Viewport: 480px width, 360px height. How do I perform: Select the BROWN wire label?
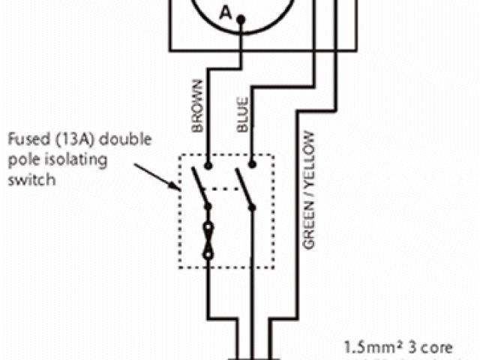point(198,105)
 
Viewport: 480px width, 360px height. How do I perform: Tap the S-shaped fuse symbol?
point(209,240)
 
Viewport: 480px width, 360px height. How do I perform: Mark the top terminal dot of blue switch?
point(253,164)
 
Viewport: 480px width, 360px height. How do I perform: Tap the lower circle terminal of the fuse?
point(209,254)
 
